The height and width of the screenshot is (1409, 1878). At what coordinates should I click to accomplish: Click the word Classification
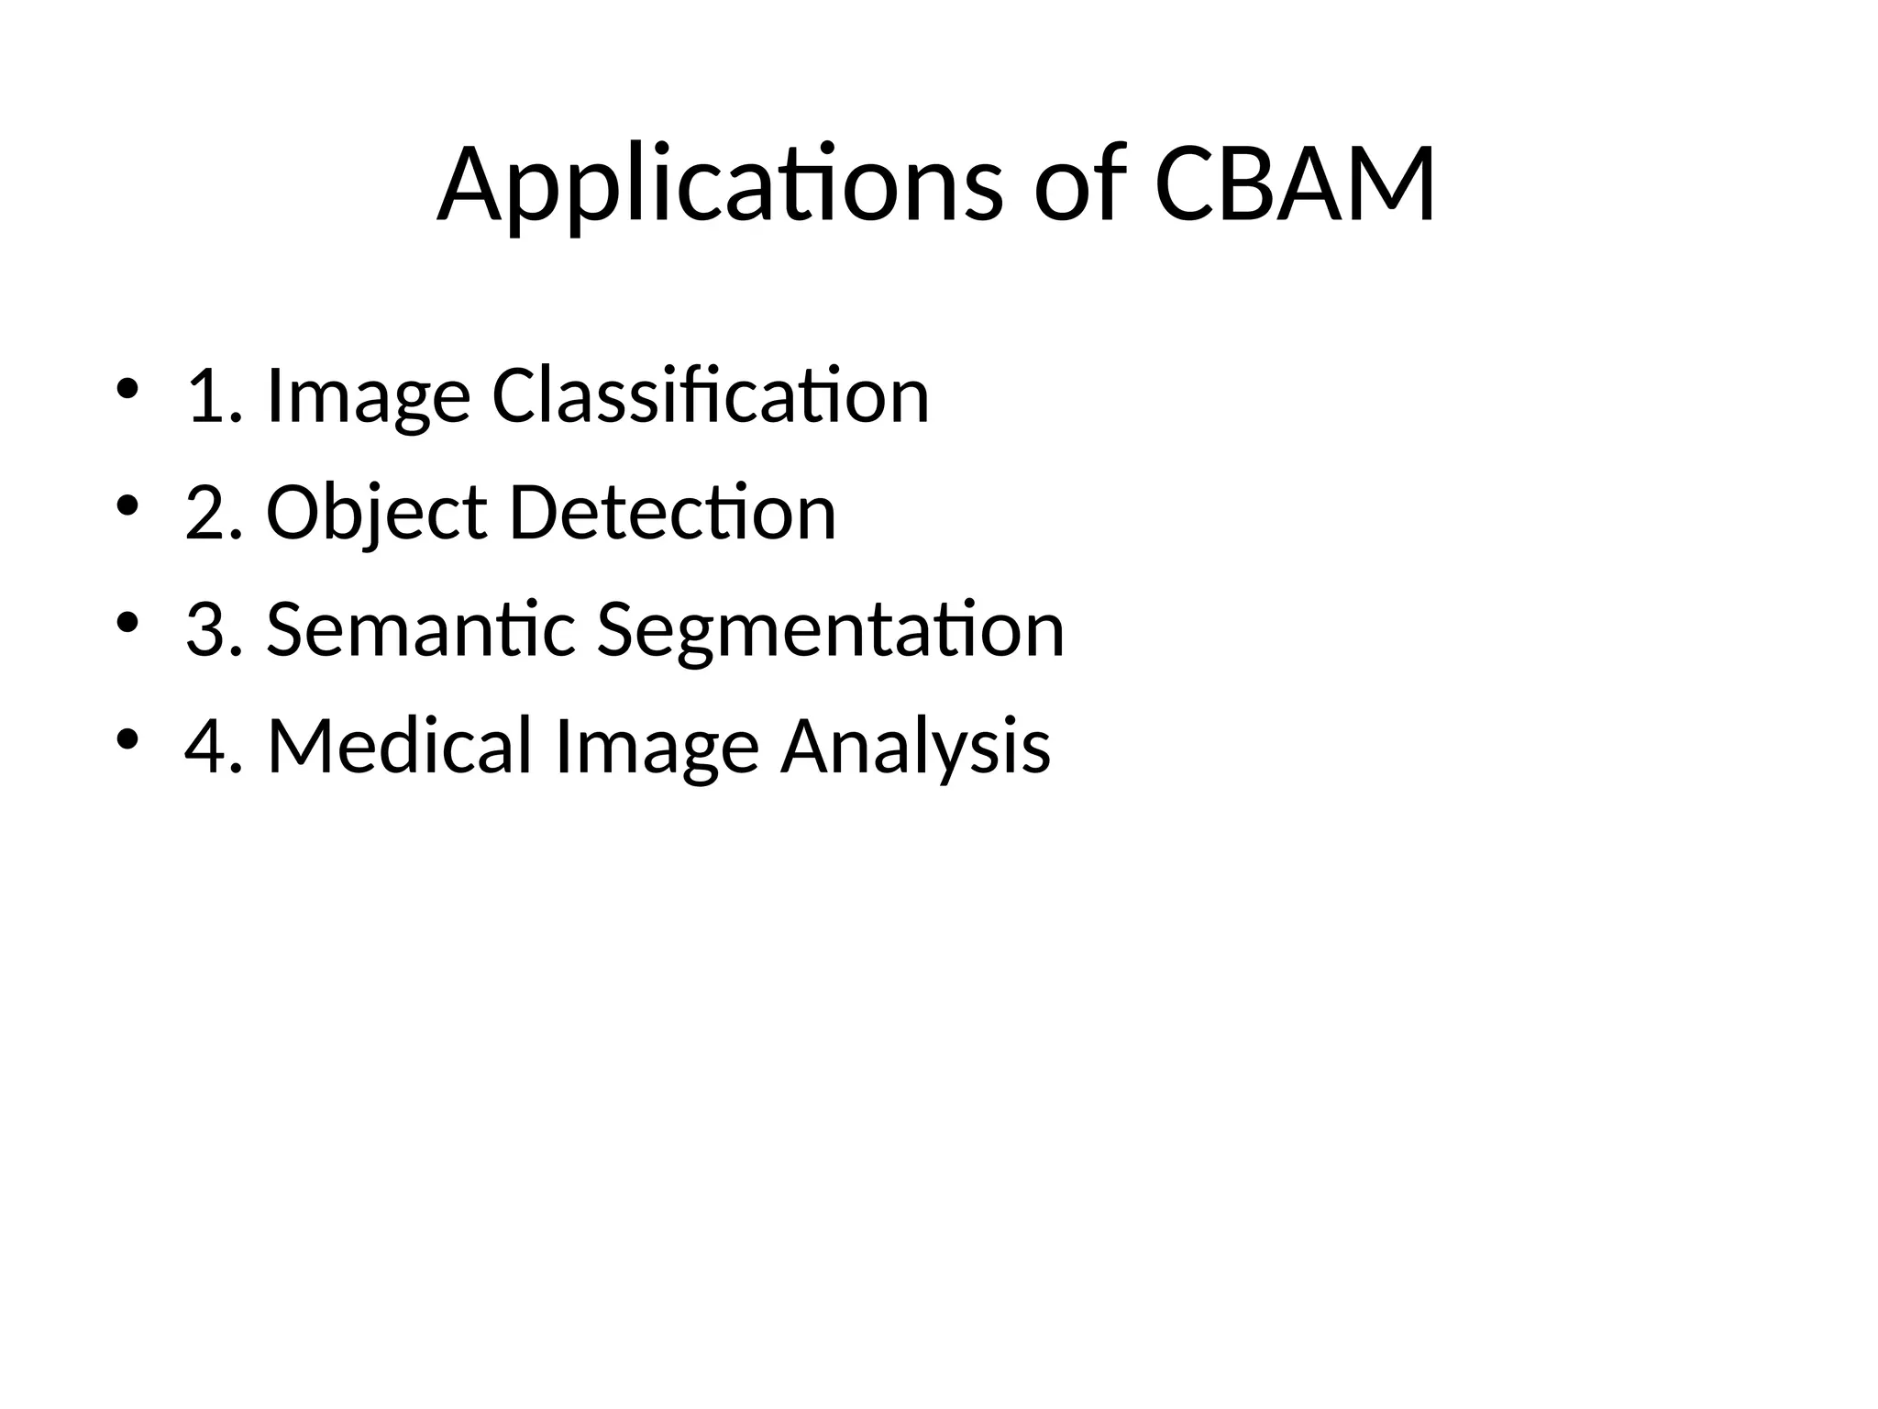pos(711,396)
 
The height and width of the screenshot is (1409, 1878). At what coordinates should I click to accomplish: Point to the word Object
pos(376,514)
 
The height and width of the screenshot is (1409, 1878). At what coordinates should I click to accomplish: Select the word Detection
pos(672,513)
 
